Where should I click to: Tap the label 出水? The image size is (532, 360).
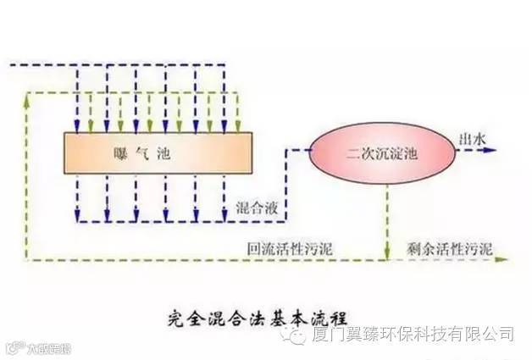(470, 138)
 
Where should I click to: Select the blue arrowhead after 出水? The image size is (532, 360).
(490, 152)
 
